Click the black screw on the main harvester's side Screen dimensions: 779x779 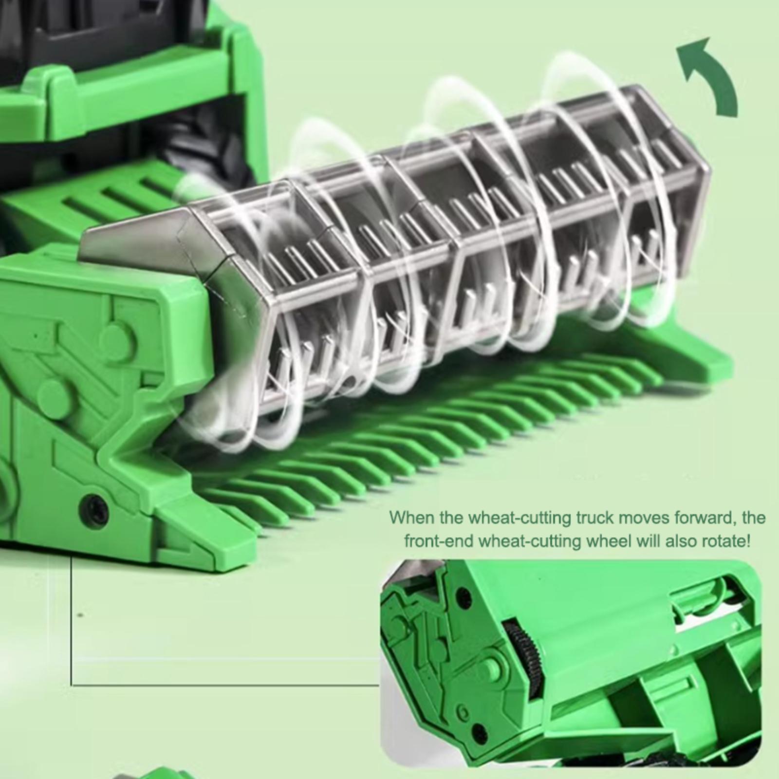(94, 508)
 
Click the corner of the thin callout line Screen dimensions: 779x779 (72, 685)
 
